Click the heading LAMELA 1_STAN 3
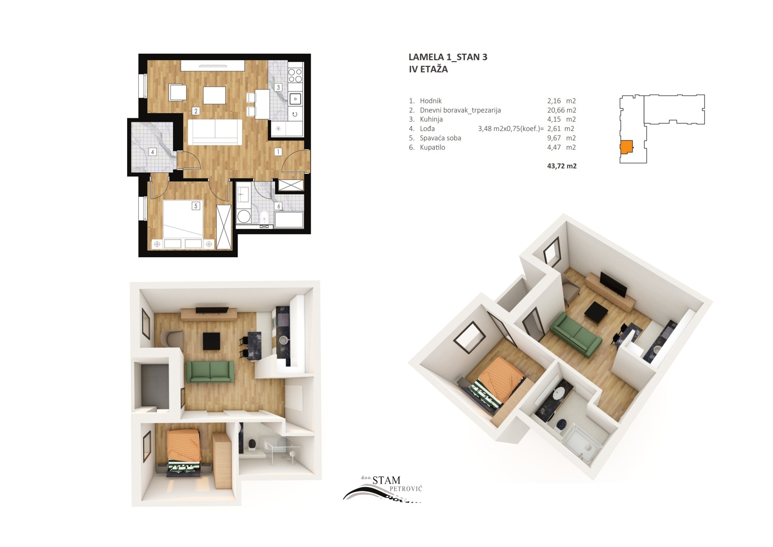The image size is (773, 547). [x=448, y=57]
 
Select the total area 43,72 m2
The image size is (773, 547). [x=562, y=166]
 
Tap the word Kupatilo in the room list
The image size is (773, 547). [x=432, y=147]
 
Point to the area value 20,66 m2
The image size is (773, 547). [x=562, y=110]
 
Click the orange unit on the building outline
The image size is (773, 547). [x=626, y=147]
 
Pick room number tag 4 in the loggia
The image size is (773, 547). [x=152, y=152]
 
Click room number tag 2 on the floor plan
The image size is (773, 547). [x=196, y=111]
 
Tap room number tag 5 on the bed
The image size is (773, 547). [x=196, y=206]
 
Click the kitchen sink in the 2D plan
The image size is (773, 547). [x=295, y=99]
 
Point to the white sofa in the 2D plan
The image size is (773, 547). [x=215, y=132]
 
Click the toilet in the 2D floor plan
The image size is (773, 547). [x=264, y=217]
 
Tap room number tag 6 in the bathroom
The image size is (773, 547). [x=278, y=206]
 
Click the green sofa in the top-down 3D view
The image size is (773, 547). [x=210, y=371]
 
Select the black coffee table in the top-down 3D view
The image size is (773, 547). [x=211, y=341]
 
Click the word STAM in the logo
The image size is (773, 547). [x=386, y=480]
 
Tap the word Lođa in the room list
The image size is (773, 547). [x=427, y=129]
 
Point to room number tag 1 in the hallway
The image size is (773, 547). [x=278, y=152]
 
